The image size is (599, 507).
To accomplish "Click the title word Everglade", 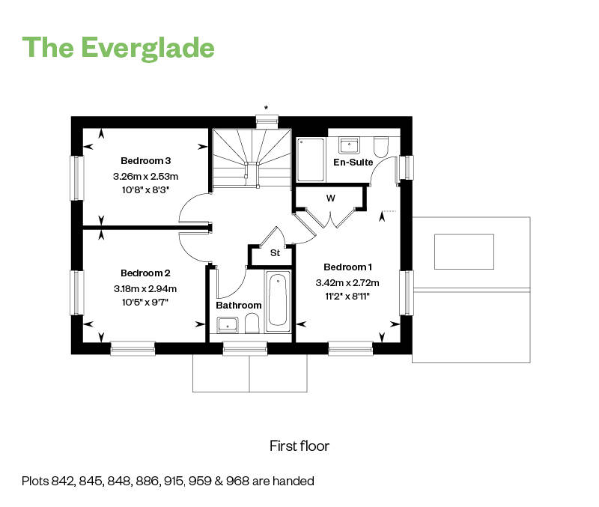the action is [x=148, y=49].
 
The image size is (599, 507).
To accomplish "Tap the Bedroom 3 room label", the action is [x=145, y=161].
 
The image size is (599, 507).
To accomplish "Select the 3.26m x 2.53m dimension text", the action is [x=145, y=177].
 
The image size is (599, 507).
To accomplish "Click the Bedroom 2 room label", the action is [x=145, y=273].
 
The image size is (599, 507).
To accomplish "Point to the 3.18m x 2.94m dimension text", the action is [x=145, y=289].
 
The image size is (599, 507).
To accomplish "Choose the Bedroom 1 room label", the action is [x=347, y=267].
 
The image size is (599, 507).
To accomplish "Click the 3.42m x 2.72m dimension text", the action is [x=347, y=283].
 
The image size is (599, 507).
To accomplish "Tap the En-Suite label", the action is [x=353, y=163].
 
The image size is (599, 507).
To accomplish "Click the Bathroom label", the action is [x=239, y=306].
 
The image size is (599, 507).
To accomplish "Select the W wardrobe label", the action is [x=331, y=198].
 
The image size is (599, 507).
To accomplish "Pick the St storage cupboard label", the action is [x=275, y=253].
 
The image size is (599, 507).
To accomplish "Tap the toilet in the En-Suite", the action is [x=381, y=147].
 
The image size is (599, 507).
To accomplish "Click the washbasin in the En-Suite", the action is [x=349, y=145].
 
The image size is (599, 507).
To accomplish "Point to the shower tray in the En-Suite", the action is [x=311, y=160].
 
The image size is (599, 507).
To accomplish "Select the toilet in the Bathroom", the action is [x=252, y=324].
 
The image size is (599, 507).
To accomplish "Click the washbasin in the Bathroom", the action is [x=228, y=325].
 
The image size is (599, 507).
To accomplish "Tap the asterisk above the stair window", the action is [x=267, y=108].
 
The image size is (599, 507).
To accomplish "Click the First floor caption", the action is [x=299, y=446].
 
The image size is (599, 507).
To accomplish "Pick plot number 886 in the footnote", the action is [x=146, y=481].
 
